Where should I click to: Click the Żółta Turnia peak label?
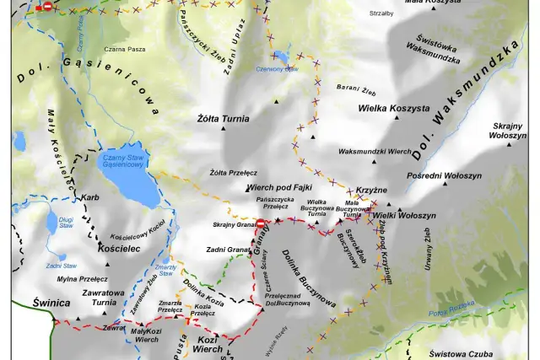point(223,119)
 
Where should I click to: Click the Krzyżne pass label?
point(371,191)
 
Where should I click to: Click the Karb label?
point(89,198)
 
